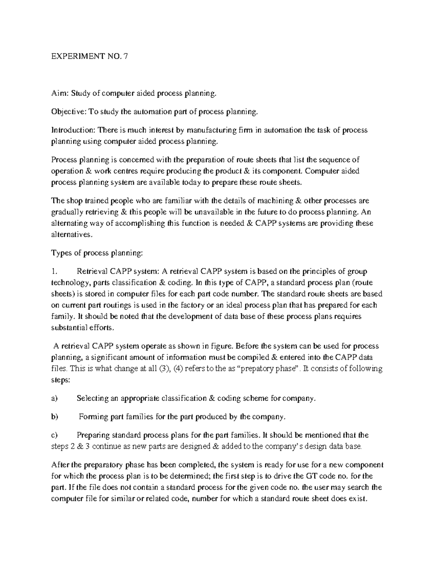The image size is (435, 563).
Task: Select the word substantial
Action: click(x=66, y=328)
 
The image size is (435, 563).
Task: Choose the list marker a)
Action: click(x=54, y=398)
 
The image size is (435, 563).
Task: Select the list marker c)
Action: click(x=54, y=435)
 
